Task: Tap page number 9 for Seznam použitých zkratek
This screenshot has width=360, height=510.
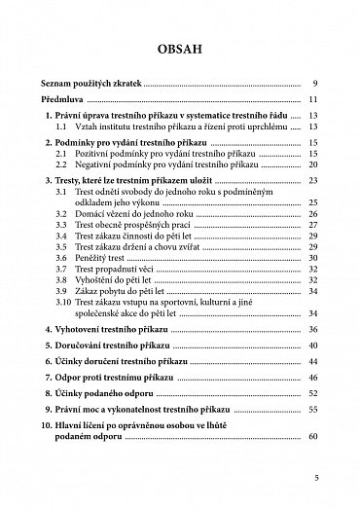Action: (315, 84)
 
